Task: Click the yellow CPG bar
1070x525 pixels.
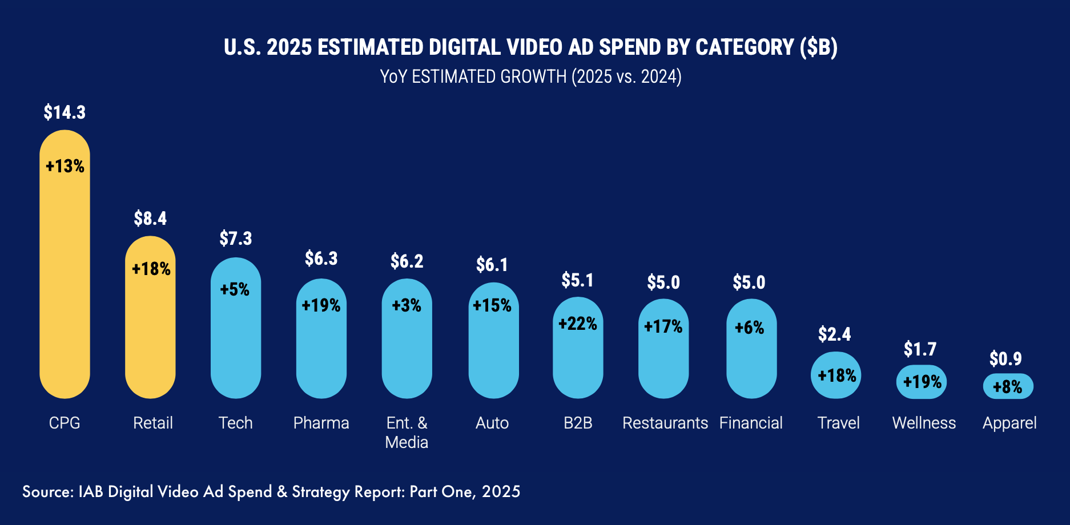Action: pyautogui.click(x=65, y=274)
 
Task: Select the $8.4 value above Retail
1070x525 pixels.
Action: pyautogui.click(x=150, y=219)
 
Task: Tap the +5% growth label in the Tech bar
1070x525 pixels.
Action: pyautogui.click(x=235, y=289)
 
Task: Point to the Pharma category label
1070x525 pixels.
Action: pyautogui.click(x=321, y=423)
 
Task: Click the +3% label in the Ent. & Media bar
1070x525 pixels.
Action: pyautogui.click(x=407, y=305)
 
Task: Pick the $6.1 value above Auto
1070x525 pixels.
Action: pyautogui.click(x=492, y=265)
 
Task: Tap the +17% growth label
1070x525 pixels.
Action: pyautogui.click(x=663, y=326)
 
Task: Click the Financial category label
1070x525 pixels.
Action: pyautogui.click(x=751, y=423)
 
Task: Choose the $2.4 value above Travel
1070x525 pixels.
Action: pyautogui.click(x=834, y=334)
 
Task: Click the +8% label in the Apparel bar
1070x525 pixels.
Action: pyautogui.click(x=1008, y=387)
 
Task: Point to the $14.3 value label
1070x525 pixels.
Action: pyautogui.click(x=65, y=112)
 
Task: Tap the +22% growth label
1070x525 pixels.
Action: pyautogui.click(x=577, y=324)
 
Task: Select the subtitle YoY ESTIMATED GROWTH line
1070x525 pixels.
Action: pyautogui.click(x=530, y=76)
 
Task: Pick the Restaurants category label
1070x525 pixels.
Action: pyautogui.click(x=665, y=423)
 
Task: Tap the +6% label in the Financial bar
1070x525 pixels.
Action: pyautogui.click(x=749, y=328)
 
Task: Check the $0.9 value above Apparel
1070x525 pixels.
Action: pyautogui.click(x=1005, y=359)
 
